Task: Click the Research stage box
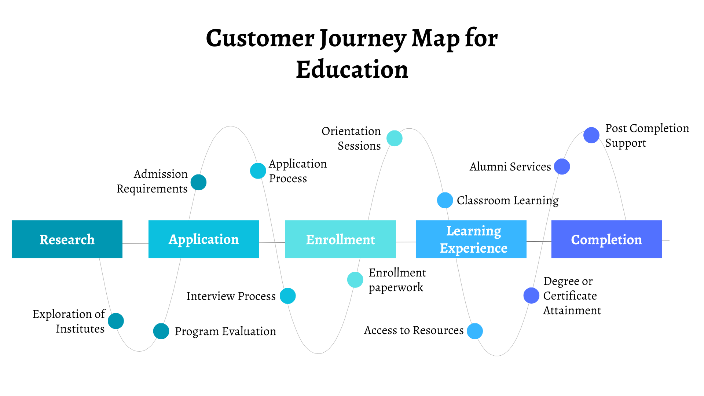(67, 239)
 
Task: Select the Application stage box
(204, 239)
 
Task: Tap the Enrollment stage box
(340, 239)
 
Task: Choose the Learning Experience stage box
(471, 239)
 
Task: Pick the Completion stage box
(606, 239)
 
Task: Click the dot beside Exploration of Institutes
(116, 321)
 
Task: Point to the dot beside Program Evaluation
(161, 331)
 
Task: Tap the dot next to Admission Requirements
(198, 182)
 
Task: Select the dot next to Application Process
(258, 171)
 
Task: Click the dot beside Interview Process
(288, 296)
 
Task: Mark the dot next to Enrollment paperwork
(355, 280)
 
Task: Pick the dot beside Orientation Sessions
(395, 138)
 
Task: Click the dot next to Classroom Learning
(445, 200)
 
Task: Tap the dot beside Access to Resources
(475, 331)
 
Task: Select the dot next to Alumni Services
(562, 166)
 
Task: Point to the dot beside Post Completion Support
(591, 135)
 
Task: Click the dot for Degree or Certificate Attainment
(531, 296)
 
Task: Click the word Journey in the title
(363, 38)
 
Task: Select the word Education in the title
(352, 70)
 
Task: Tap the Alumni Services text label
(510, 167)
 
